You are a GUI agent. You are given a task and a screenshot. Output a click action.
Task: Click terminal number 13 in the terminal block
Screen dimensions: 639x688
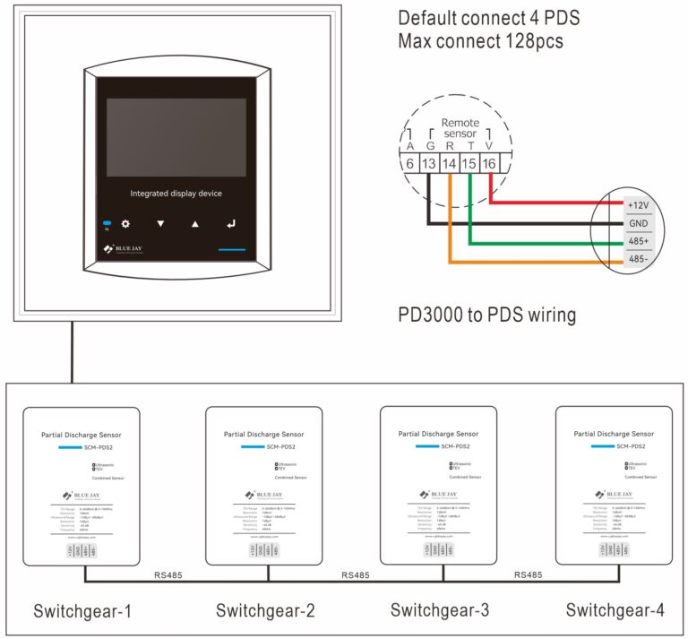[429, 164]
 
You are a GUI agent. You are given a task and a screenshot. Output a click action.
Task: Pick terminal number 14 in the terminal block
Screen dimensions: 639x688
[450, 164]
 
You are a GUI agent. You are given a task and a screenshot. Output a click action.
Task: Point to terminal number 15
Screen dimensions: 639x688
[469, 164]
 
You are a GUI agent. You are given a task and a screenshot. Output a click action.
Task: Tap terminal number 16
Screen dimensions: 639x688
[489, 164]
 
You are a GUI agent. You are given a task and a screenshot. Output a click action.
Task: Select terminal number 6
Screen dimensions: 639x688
[409, 164]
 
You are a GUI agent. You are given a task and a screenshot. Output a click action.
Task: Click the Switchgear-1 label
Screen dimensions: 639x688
[82, 611]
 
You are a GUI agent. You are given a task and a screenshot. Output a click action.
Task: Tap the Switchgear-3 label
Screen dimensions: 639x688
[440, 611]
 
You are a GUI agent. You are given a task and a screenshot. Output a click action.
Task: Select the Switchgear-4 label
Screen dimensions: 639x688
[615, 611]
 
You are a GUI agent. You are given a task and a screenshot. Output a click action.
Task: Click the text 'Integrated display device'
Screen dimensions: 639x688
[176, 194]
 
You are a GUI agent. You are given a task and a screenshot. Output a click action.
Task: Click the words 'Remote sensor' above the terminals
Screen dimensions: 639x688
[460, 128]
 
